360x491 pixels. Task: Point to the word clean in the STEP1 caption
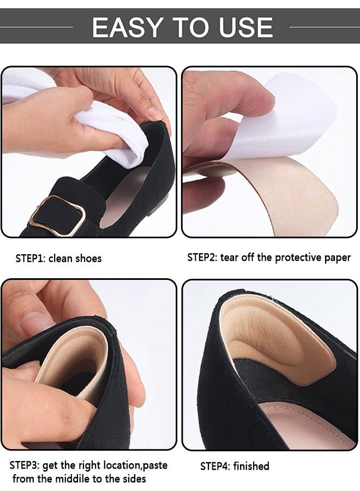point(62,258)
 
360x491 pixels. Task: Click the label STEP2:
point(202,258)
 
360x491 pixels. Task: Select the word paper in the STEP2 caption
point(338,258)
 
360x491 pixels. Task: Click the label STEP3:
point(26,465)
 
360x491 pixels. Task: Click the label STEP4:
point(215,466)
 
